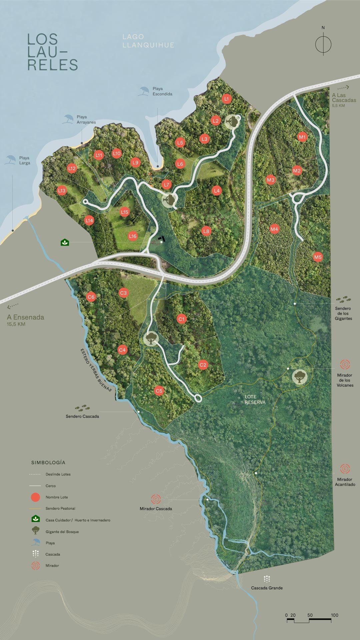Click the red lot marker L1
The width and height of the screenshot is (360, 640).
227,99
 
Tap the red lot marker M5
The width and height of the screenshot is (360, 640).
318,257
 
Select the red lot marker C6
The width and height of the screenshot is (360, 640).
91,297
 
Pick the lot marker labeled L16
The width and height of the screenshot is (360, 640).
133,236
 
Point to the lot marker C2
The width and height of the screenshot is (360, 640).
203,365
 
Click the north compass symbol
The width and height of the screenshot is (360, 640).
323,44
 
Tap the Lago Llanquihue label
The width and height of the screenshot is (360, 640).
148,41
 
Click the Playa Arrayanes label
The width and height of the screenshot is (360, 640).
86,120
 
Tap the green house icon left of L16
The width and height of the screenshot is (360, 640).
65,242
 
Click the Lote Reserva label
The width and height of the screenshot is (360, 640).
255,399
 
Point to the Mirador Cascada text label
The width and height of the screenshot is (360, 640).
156,509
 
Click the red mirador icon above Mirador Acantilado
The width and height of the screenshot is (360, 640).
345,469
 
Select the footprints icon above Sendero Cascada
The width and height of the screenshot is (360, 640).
82,408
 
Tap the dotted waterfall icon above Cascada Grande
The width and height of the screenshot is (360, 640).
267,579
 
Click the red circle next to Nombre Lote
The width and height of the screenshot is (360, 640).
35,497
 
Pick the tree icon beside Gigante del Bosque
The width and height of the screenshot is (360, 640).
35,530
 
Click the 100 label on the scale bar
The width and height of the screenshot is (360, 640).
334,615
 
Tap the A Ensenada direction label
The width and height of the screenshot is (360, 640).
25,317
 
